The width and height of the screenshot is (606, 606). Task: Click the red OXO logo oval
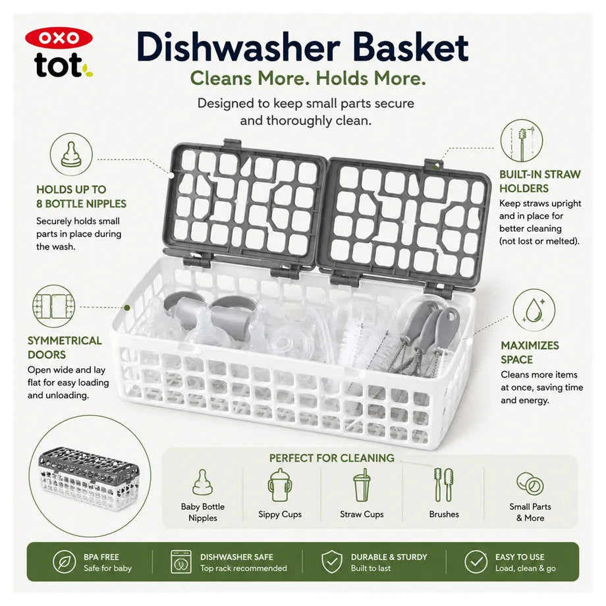pyautogui.click(x=59, y=38)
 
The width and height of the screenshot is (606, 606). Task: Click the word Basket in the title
pyautogui.click(x=410, y=47)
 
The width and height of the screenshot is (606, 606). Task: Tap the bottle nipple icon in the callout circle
pyautogui.click(x=71, y=154)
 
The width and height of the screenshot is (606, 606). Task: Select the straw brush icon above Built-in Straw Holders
pyautogui.click(x=522, y=141)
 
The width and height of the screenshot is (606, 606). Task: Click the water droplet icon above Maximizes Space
pyautogui.click(x=534, y=310)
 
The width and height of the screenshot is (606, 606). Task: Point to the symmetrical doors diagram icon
pyautogui.click(x=54, y=306)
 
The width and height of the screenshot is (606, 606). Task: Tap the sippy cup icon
pyautogui.click(x=279, y=485)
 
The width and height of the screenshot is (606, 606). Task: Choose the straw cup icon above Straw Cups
pyautogui.click(x=362, y=485)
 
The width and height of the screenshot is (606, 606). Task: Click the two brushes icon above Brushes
pyautogui.click(x=444, y=485)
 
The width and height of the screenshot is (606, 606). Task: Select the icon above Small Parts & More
pyautogui.click(x=530, y=484)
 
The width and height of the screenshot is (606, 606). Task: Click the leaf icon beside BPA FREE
pyautogui.click(x=64, y=562)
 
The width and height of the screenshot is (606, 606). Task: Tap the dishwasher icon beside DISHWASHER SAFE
pyautogui.click(x=181, y=562)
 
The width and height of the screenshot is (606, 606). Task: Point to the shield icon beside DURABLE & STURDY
pyautogui.click(x=331, y=562)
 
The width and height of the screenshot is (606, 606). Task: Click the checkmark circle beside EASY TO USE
pyautogui.click(x=476, y=562)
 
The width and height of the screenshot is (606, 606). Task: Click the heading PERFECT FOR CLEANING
pyautogui.click(x=331, y=458)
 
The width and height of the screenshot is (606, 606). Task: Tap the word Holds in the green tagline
pyautogui.click(x=342, y=78)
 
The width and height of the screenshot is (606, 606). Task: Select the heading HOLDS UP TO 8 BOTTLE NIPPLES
pyautogui.click(x=81, y=196)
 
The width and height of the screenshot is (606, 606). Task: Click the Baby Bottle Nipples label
pyautogui.click(x=202, y=512)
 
